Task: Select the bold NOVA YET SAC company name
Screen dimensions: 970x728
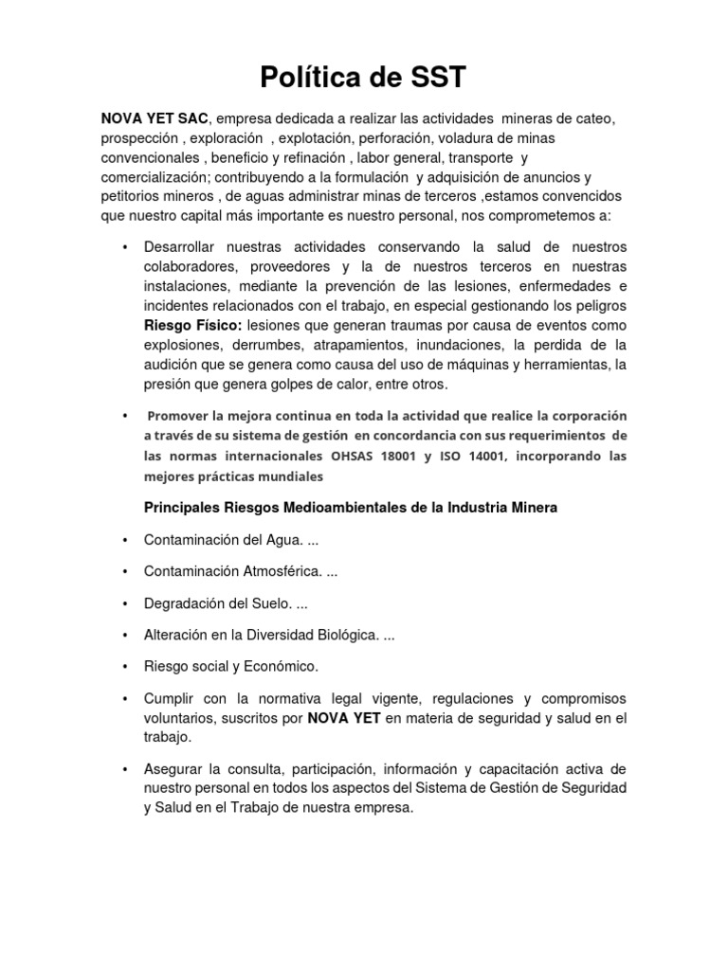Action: [x=155, y=118]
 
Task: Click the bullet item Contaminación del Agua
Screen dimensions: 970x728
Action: [x=224, y=540]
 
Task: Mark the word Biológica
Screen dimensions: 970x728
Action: [x=345, y=636]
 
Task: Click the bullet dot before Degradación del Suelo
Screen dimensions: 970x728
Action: [x=125, y=603]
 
